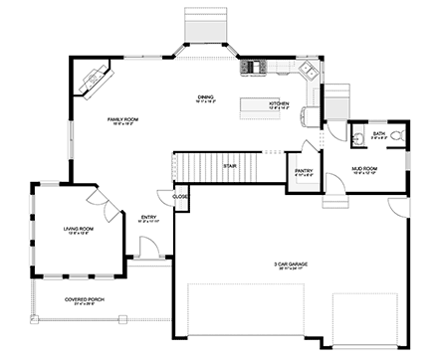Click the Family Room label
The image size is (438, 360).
click(x=123, y=121)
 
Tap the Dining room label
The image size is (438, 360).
click(x=206, y=97)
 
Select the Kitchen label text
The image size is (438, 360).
click(x=279, y=103)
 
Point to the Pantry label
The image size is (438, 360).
click(x=304, y=170)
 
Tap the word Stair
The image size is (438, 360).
click(x=229, y=166)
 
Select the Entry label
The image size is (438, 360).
click(x=148, y=218)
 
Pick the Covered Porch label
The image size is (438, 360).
click(x=85, y=299)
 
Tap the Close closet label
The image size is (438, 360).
click(x=180, y=197)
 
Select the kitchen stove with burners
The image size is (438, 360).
click(x=252, y=68)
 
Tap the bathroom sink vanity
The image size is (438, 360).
click(x=358, y=133)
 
